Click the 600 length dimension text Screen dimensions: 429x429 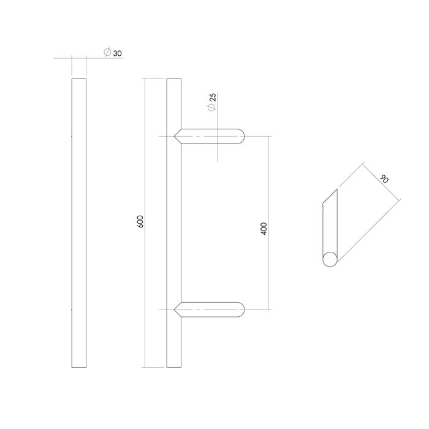(x=140, y=222)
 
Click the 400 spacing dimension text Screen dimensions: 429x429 (x=264, y=228)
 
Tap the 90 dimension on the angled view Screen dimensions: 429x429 (x=384, y=180)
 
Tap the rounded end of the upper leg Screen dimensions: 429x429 (x=241, y=135)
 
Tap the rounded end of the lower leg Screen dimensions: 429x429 (x=241, y=311)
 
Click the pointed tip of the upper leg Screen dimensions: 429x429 (x=176, y=135)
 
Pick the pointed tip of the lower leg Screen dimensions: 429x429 (x=176, y=311)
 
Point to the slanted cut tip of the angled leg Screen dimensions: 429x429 (x=335, y=192)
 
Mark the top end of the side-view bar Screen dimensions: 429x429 (x=174, y=80)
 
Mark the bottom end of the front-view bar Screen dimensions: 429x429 (x=79, y=365)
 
